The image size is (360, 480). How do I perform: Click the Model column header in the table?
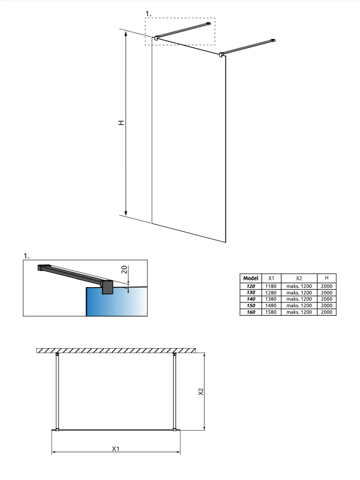coord(250,278)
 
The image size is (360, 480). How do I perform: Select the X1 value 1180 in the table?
coord(271,286)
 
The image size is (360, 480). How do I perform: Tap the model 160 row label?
coord(251,312)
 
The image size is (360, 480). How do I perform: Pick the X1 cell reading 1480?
coord(271,305)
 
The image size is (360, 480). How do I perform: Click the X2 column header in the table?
coord(299,278)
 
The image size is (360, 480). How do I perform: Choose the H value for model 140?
coord(326,299)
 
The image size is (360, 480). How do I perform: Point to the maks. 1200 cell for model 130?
coord(299,293)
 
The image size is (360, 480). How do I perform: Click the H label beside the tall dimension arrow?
coord(121,123)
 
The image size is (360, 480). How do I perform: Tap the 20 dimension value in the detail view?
coord(124,269)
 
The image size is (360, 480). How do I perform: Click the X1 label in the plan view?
coord(115,449)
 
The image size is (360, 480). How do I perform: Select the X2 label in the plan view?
coord(200,391)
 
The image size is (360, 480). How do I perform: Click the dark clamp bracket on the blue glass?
coord(107,288)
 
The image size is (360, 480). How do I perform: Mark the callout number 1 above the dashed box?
coord(148,14)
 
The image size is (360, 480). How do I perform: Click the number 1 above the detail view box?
coord(26,256)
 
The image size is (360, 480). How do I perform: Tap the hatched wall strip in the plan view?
coord(116,351)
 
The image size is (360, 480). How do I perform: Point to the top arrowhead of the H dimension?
coord(126,34)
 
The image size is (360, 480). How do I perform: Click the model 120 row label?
coord(251,286)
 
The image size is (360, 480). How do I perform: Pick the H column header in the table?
coord(326,278)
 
